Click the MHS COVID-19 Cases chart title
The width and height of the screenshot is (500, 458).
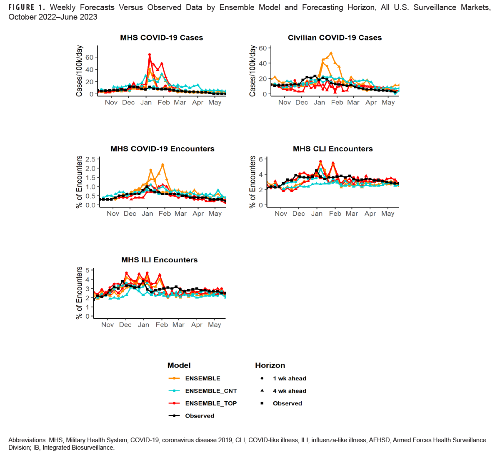(x=161, y=38)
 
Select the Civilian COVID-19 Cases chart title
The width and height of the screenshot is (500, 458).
(x=335, y=38)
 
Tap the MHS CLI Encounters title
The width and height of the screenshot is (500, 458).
(x=332, y=149)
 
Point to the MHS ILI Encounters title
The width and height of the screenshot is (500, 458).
(x=159, y=260)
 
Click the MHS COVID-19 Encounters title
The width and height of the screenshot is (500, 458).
(x=162, y=149)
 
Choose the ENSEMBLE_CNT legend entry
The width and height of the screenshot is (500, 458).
(x=211, y=391)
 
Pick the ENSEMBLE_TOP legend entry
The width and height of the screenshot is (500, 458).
(x=211, y=403)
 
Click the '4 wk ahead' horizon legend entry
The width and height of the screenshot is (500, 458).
(x=289, y=391)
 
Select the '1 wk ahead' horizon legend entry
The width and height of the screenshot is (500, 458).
(x=289, y=378)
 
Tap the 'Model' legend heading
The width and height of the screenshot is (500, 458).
(x=179, y=365)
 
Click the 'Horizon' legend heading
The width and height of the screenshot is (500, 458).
(x=270, y=365)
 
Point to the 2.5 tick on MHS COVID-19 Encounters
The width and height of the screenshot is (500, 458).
(x=90, y=159)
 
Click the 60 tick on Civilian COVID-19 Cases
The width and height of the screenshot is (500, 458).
(x=262, y=48)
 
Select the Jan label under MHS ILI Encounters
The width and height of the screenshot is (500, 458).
(x=143, y=325)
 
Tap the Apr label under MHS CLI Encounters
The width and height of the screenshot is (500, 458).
(x=370, y=214)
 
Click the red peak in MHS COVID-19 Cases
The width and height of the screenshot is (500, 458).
(x=150, y=55)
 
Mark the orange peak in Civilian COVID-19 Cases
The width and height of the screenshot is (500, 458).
(x=331, y=53)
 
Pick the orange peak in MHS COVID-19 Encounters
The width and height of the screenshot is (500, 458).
(x=163, y=164)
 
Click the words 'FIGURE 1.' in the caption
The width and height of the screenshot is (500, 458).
(x=27, y=8)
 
